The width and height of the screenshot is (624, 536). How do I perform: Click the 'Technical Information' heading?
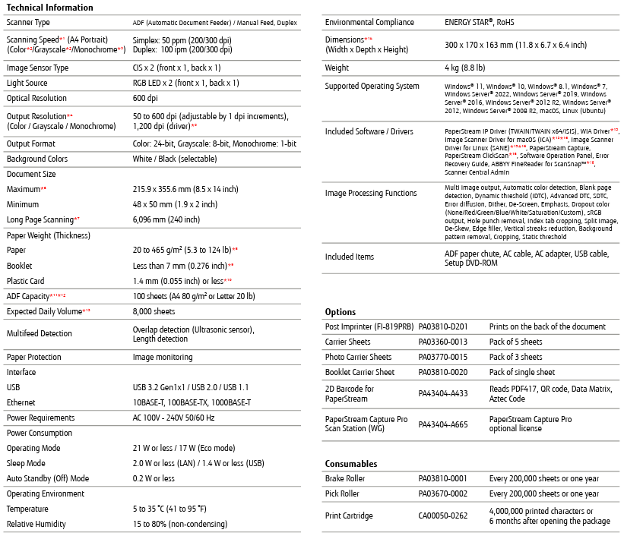(x=49, y=8)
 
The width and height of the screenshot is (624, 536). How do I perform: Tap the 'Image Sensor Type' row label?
(x=37, y=68)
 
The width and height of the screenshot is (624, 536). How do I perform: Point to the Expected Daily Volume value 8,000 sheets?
(x=154, y=311)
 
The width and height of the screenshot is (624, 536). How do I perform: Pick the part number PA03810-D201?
(x=443, y=326)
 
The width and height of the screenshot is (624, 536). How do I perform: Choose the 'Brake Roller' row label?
(x=345, y=479)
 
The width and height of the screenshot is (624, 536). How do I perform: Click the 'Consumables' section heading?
(x=351, y=464)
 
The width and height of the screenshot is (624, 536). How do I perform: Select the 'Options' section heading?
(x=340, y=312)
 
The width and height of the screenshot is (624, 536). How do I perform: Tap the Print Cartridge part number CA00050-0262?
(x=443, y=516)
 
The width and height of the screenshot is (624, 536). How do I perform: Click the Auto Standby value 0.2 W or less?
(x=154, y=478)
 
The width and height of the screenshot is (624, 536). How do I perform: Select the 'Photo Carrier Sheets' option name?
(x=359, y=357)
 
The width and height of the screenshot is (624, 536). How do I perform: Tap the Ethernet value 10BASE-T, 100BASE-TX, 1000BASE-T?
(x=192, y=402)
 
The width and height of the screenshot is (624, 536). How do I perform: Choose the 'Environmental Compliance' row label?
(x=372, y=23)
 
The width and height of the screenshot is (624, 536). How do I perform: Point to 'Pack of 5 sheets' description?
(x=516, y=342)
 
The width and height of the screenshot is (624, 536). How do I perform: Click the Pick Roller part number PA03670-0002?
(x=443, y=493)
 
